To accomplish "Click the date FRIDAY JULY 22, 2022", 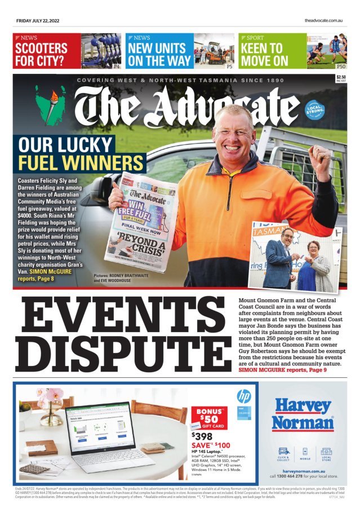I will point(38,21).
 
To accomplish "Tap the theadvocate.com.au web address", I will point(323,21).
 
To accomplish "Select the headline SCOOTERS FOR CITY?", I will point(42,55).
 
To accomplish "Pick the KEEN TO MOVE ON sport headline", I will point(265,55).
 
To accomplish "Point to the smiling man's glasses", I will point(233,130).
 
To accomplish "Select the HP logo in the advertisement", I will point(243,395).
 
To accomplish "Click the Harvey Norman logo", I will point(303,414).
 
